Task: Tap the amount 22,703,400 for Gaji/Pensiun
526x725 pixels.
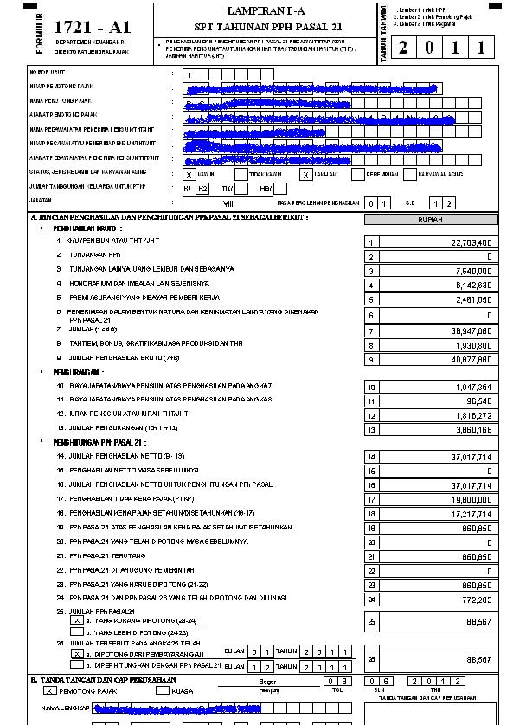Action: click(x=471, y=243)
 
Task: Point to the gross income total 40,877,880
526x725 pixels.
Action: click(x=471, y=359)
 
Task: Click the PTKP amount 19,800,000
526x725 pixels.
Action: click(x=471, y=499)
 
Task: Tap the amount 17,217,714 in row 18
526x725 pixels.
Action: click(x=471, y=513)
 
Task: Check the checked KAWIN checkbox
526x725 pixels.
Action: click(x=189, y=174)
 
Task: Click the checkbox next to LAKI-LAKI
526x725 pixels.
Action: click(x=305, y=174)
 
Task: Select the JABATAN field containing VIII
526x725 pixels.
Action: click(x=227, y=202)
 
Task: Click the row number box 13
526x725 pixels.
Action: click(x=372, y=429)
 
